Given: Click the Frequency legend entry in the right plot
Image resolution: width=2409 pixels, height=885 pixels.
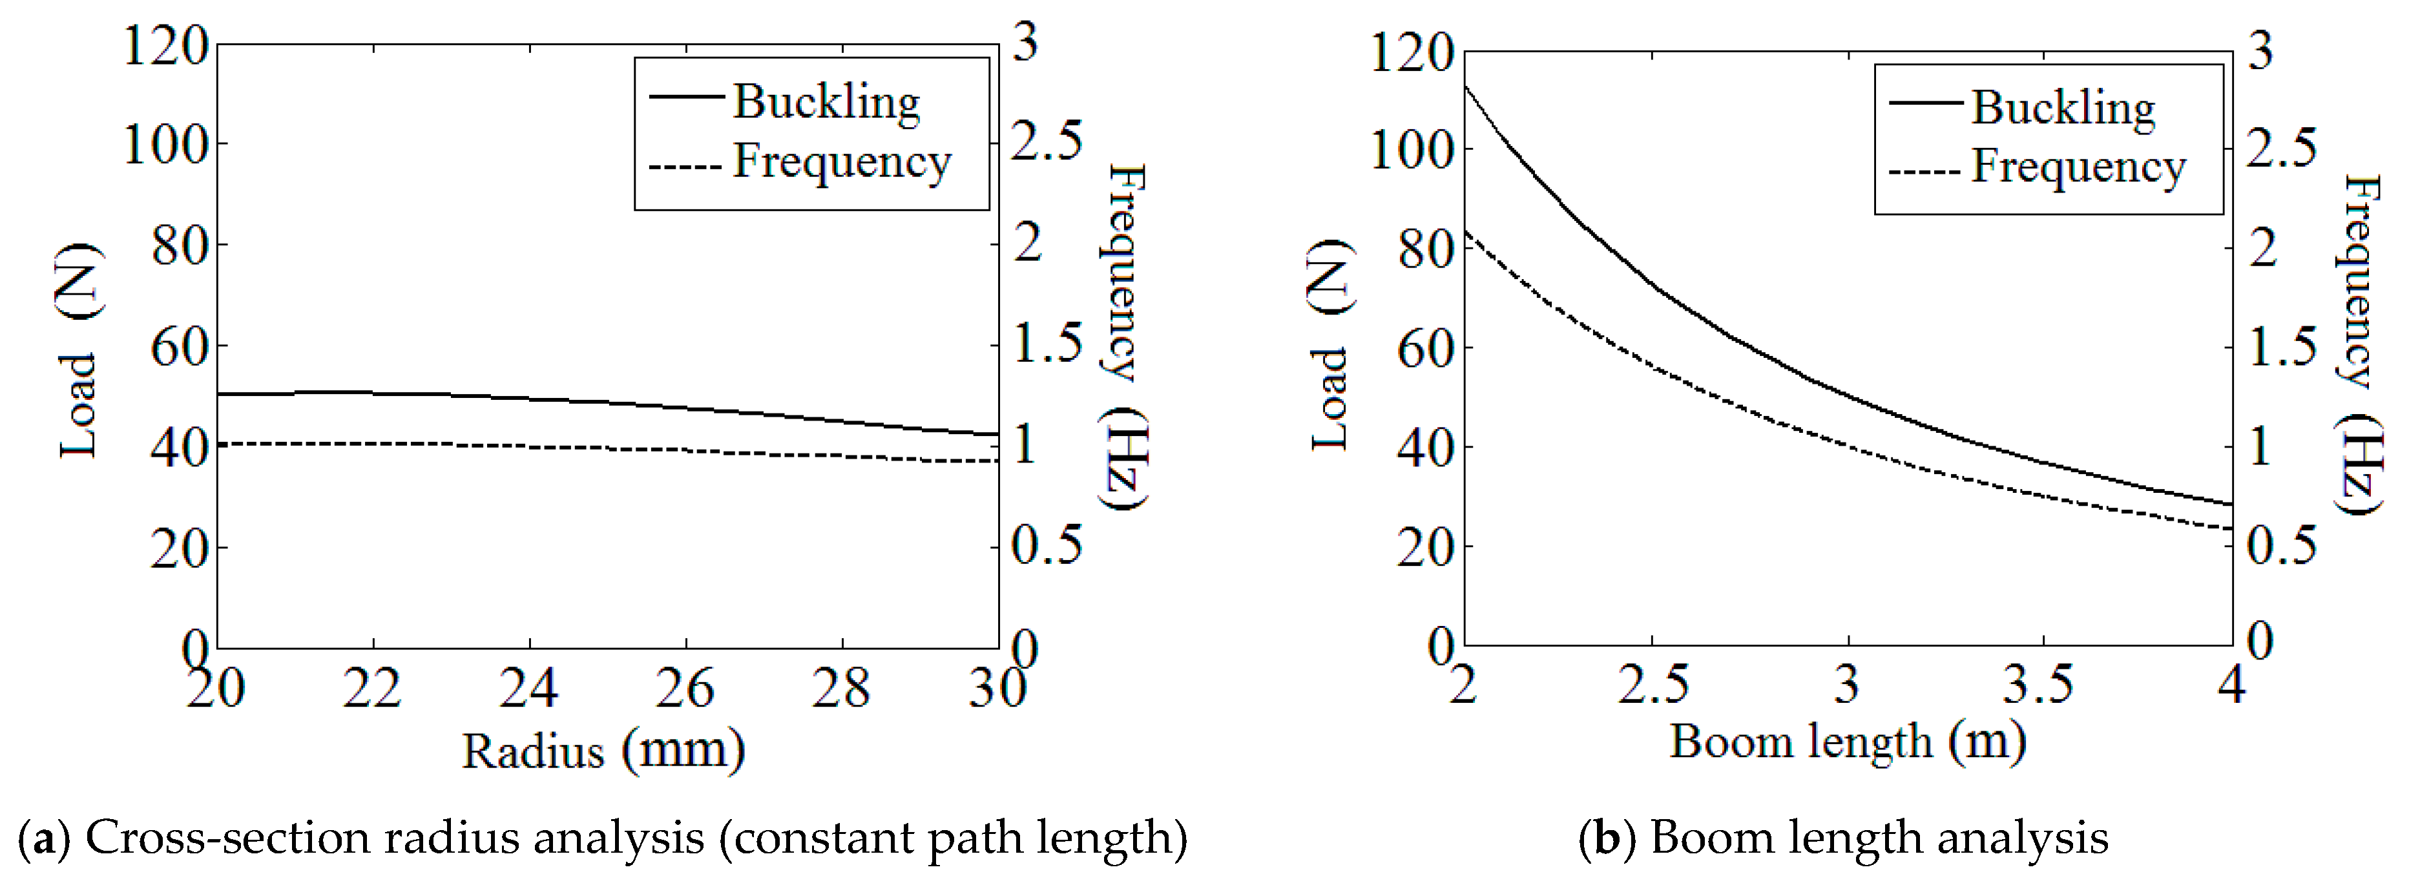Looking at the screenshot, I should click(2078, 167).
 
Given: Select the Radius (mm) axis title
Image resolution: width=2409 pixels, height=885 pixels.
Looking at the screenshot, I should click(603, 750).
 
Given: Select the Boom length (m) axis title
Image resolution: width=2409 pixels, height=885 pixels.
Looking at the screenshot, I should click(1848, 742).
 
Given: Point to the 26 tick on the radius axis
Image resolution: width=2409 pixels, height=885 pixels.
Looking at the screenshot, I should click(685, 689).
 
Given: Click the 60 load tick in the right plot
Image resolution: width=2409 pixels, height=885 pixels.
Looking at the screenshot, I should click(1423, 349).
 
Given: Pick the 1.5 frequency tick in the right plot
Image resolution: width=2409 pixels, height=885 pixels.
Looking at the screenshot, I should click(2282, 348).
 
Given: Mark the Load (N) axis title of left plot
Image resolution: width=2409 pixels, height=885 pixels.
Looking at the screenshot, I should click(79, 351).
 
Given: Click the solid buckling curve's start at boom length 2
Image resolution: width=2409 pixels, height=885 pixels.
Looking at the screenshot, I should click(1465, 86).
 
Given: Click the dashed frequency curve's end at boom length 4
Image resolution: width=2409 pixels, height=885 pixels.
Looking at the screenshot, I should click(2231, 528).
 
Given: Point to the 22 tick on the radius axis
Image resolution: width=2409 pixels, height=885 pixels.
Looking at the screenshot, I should click(371, 689).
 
